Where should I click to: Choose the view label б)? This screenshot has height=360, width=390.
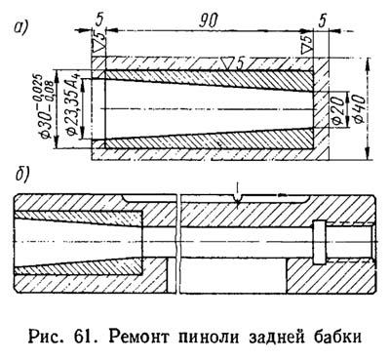20,180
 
